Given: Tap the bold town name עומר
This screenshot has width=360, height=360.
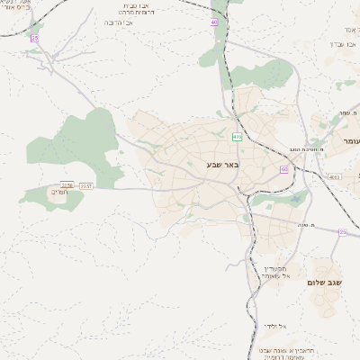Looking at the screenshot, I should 350,141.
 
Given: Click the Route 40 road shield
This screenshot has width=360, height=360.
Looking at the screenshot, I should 214,22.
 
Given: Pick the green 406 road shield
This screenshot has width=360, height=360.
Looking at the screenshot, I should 237,137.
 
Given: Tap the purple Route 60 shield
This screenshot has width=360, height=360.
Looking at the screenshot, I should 283,168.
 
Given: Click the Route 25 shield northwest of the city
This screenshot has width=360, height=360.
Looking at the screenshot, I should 35,39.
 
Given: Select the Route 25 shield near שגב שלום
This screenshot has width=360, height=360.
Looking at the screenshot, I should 342,232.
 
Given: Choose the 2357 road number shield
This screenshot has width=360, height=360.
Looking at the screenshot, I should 86,185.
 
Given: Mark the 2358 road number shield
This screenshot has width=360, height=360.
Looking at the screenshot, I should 67,185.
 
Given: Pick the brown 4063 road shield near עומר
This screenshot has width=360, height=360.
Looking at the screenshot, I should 335,177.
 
